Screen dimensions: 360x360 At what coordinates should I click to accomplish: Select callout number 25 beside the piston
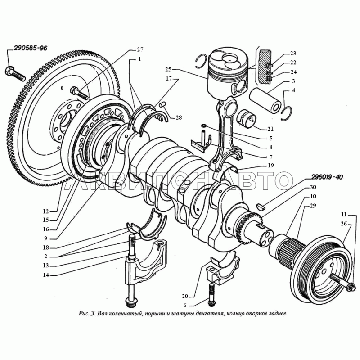click(x=168, y=69)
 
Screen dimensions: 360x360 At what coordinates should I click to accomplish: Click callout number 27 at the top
click(x=139, y=49)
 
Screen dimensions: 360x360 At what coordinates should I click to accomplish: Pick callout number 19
click(x=270, y=166)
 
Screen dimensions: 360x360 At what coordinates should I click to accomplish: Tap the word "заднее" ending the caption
click(x=276, y=313)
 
